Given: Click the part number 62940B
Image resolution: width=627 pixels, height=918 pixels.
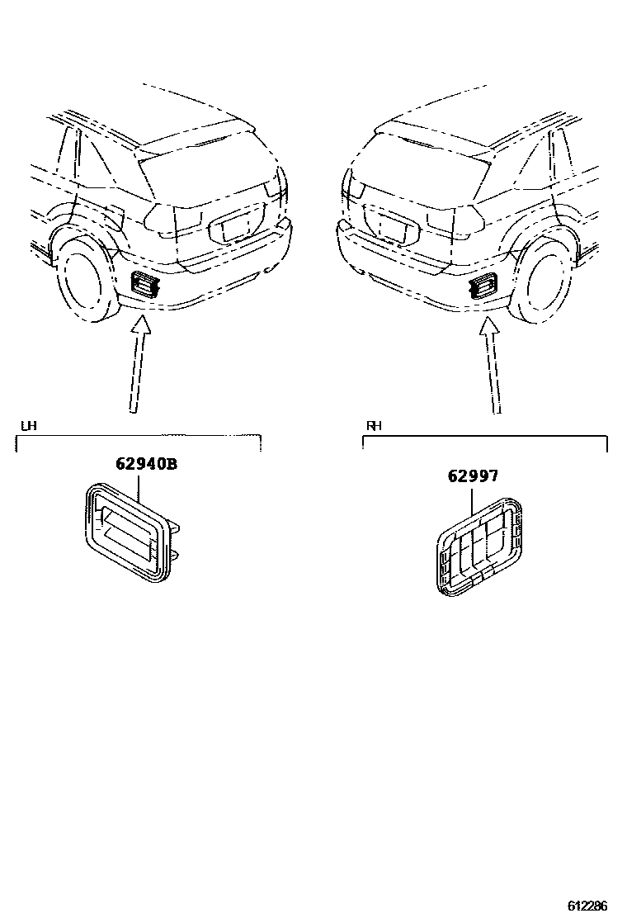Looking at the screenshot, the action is tap(146, 464).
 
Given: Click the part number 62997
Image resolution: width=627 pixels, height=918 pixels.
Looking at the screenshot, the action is tap(474, 476).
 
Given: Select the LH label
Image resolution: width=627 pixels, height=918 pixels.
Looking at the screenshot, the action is tap(29, 426).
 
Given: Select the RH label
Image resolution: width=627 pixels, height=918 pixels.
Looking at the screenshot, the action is tap(374, 426).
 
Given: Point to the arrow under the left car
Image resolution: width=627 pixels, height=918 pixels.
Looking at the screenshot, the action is tap(138, 363).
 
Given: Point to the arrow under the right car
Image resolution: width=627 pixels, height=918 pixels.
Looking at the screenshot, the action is tap(493, 363).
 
